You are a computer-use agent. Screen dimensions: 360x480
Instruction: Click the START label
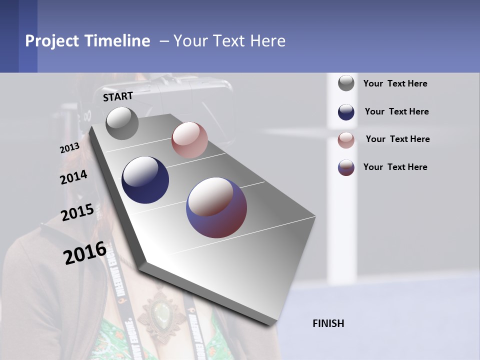118,96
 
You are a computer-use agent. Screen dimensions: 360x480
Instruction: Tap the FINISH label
328,323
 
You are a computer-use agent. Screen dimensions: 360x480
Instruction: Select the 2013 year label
69,148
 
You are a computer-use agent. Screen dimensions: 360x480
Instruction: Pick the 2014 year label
73,177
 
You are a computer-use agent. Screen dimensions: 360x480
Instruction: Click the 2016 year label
85,253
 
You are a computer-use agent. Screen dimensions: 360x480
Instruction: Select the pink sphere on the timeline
189,140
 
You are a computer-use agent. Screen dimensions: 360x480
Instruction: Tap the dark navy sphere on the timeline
145,180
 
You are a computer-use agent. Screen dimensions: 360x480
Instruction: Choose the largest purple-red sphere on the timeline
216,207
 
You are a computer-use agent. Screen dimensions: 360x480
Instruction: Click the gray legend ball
346,83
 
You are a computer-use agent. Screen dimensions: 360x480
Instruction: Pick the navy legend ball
346,112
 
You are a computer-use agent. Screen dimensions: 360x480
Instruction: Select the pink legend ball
346,139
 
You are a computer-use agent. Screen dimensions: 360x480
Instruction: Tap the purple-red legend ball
346,167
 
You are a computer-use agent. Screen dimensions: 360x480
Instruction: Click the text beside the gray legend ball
395,83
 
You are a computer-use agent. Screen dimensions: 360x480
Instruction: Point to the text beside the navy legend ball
396,111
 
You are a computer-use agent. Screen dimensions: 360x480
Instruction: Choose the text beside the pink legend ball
397,139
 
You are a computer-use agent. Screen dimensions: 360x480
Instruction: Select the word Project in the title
51,41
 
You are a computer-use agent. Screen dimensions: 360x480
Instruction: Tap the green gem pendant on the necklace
161,313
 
